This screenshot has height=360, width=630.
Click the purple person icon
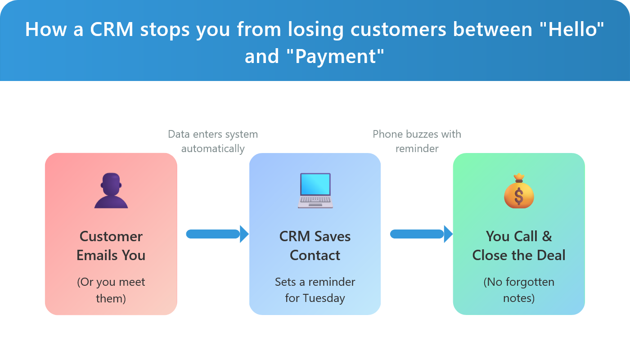click(x=111, y=191)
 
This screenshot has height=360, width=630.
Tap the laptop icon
click(x=315, y=191)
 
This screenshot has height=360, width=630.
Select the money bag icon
click(x=519, y=191)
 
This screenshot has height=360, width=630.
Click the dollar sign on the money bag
click(x=519, y=196)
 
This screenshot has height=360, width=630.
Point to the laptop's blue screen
click(x=315, y=184)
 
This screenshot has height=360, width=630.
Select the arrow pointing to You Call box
click(x=421, y=234)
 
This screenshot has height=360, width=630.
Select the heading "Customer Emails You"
click(x=111, y=246)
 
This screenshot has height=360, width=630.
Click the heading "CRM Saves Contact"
click(x=315, y=246)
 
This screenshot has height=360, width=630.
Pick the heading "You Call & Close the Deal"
click(x=519, y=246)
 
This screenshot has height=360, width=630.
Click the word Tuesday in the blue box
click(x=324, y=298)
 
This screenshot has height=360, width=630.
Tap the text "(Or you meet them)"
click(x=111, y=290)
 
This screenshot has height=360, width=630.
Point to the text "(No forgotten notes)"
click(x=519, y=290)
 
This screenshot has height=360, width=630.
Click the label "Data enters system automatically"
click(x=213, y=141)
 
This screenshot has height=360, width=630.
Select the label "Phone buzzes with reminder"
click(x=417, y=141)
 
